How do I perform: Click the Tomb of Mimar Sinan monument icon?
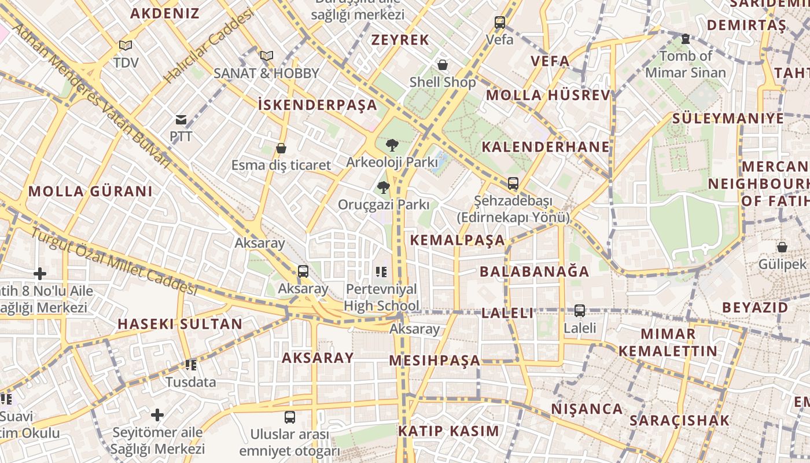tap(686, 39)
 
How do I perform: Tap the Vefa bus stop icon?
tap(500, 23)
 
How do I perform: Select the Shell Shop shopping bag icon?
tap(443, 65)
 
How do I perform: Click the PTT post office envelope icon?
tap(181, 120)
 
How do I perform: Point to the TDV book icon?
tap(126, 45)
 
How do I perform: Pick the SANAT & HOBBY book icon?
tap(266, 56)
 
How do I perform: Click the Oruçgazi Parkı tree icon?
tap(383, 188)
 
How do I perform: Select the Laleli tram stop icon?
tap(580, 311)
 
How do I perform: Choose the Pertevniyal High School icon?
tap(381, 271)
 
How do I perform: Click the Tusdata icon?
tap(191, 365)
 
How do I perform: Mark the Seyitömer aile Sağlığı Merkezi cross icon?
tap(157, 415)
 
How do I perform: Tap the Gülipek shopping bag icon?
tap(782, 247)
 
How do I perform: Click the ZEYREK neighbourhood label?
tap(400, 40)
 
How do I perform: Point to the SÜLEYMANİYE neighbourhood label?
tap(728, 119)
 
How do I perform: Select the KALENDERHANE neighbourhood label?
tap(546, 147)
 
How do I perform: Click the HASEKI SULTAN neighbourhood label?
tap(180, 324)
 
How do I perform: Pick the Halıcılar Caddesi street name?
tap(209, 46)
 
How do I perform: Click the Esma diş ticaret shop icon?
tap(281, 148)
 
